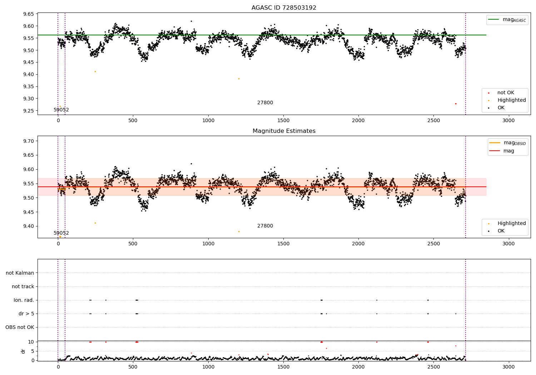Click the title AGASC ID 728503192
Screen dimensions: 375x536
284,8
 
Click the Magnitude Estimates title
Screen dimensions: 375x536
284,131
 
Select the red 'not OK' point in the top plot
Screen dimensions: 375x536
456,104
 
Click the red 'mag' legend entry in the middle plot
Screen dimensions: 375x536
508,151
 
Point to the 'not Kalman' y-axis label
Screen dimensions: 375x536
20,273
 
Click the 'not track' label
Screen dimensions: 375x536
23,286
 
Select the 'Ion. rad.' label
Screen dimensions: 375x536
24,300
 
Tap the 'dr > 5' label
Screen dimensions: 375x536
26,314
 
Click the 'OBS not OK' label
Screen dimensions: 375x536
20,327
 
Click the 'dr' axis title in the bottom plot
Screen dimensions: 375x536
23,351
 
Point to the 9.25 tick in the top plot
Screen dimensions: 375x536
28,111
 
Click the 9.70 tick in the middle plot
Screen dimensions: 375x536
28,141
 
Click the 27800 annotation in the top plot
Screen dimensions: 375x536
265,103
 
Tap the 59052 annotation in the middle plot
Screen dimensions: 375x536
61,233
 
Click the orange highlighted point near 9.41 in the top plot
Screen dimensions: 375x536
95,71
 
